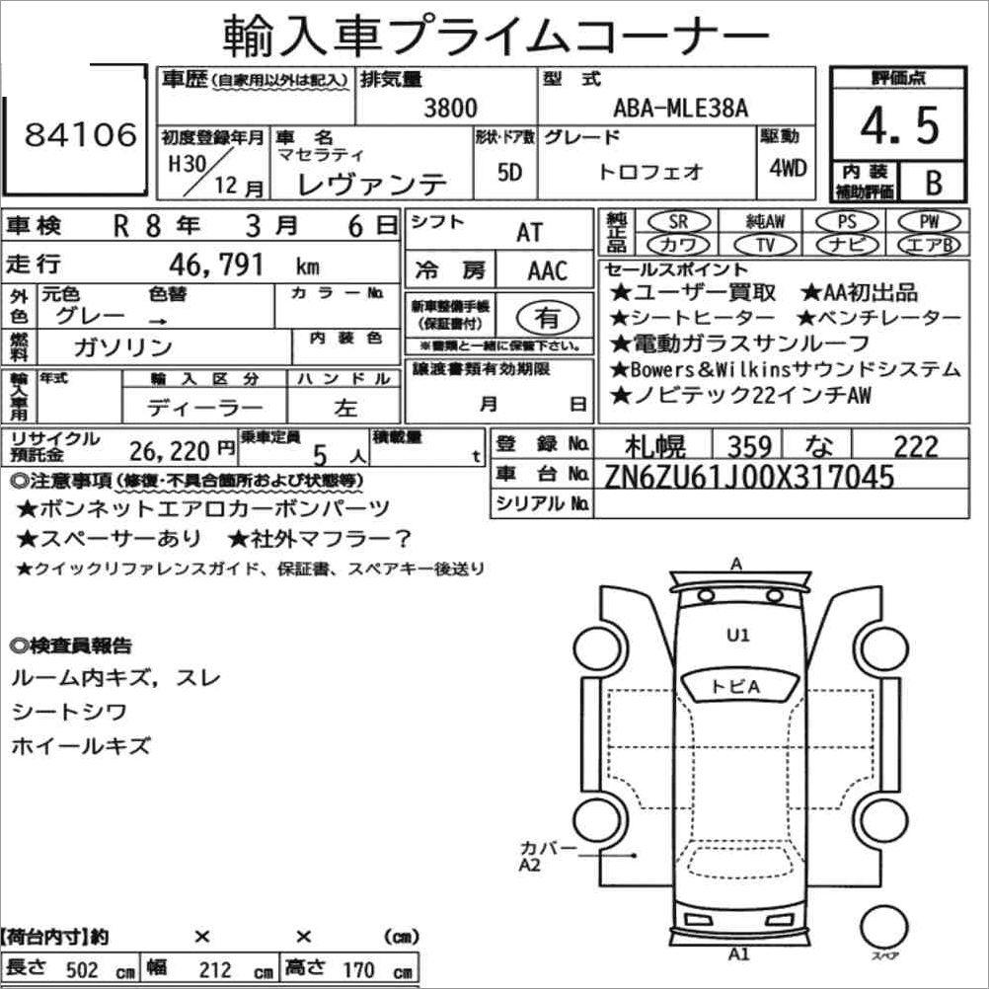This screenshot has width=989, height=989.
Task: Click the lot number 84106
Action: [81, 134]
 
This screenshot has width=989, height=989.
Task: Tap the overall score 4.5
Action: [899, 125]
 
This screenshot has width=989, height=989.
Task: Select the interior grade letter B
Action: [934, 183]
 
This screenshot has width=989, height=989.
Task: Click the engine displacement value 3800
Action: [450, 108]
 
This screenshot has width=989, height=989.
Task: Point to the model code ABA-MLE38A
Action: [681, 109]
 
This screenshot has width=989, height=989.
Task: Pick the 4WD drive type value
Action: [788, 169]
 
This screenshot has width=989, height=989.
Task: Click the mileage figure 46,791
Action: [216, 265]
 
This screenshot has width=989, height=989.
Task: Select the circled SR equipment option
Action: [679, 221]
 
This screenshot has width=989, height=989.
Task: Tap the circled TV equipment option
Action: [766, 244]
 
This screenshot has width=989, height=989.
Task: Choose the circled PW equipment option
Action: [929, 221]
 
